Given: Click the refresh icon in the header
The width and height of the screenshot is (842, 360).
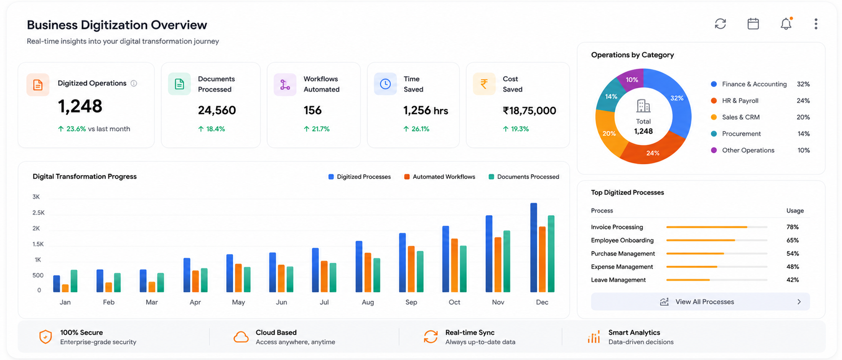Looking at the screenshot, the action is click(x=720, y=24).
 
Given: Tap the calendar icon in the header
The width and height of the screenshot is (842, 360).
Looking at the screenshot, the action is click(x=753, y=24).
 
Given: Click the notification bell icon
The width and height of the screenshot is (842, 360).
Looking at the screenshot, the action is click(x=786, y=24).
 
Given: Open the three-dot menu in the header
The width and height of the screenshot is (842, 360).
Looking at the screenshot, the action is click(x=816, y=24).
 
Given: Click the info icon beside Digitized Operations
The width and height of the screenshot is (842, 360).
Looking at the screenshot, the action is click(x=134, y=83).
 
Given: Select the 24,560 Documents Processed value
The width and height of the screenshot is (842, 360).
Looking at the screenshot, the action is click(x=217, y=110).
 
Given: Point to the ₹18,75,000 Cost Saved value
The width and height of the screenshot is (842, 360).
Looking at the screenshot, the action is click(x=529, y=111).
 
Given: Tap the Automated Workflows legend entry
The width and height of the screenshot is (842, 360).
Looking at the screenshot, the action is click(x=439, y=177).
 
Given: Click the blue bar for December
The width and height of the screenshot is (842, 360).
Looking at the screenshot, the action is click(x=534, y=247).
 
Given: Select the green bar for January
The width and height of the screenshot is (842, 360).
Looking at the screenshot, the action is click(x=74, y=281).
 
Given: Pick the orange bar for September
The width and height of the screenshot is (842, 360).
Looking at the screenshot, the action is click(x=411, y=269).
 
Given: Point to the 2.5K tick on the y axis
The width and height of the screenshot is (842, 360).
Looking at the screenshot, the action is click(x=38, y=213).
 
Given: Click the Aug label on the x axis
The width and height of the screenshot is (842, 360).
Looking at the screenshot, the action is click(x=368, y=302).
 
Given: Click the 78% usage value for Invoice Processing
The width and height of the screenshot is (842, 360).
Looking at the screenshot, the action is click(x=793, y=227).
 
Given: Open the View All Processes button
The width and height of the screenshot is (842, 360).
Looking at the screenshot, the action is click(x=700, y=302).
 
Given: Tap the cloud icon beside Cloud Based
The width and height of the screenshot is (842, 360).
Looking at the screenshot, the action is click(x=241, y=337).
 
